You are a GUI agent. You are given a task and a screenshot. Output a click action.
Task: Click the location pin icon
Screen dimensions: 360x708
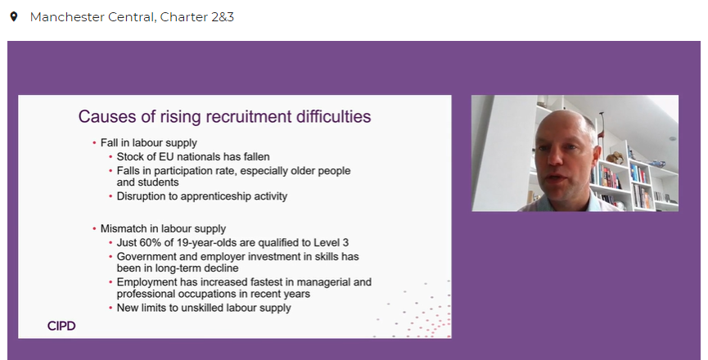pos(13,16)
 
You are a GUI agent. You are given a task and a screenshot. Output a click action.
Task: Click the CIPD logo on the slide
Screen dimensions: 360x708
pos(62,326)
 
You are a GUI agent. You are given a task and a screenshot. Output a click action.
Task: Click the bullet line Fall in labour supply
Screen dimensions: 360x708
pos(148,142)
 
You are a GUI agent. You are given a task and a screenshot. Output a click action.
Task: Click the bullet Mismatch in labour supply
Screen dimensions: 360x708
pos(163,228)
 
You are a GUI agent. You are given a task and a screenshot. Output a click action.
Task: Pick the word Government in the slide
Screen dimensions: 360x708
pos(147,256)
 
